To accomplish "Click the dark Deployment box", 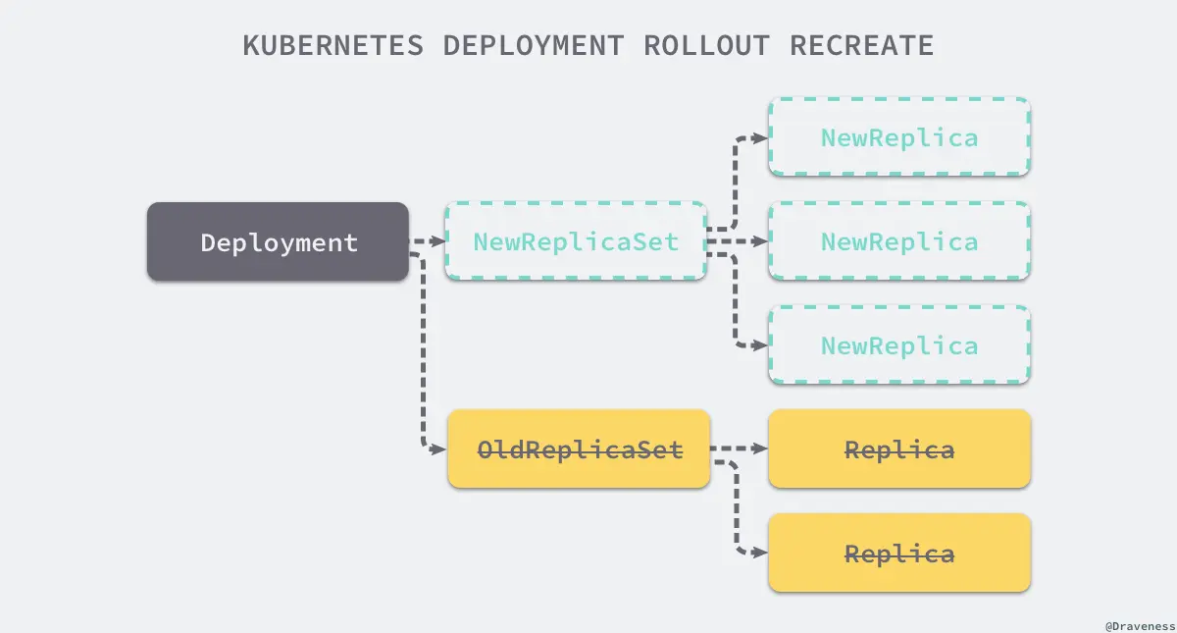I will pos(278,241).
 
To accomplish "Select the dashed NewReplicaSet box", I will pos(576,241).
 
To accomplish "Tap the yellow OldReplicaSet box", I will pos(578,449).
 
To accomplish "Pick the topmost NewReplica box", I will pos(898,137).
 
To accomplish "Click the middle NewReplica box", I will pos(898,241).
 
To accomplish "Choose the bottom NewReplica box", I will pos(898,345).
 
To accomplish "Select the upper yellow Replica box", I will pos(898,449).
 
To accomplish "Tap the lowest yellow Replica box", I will pos(898,554).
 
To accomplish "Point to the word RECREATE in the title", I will pos(861,45).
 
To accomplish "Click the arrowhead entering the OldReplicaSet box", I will pos(439,449).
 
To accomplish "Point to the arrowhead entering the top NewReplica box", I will pos(759,137).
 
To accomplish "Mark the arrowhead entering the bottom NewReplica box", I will pos(759,345).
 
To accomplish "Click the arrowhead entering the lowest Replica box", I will pos(759,554).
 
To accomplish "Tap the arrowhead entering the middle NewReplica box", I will pos(759,241).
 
